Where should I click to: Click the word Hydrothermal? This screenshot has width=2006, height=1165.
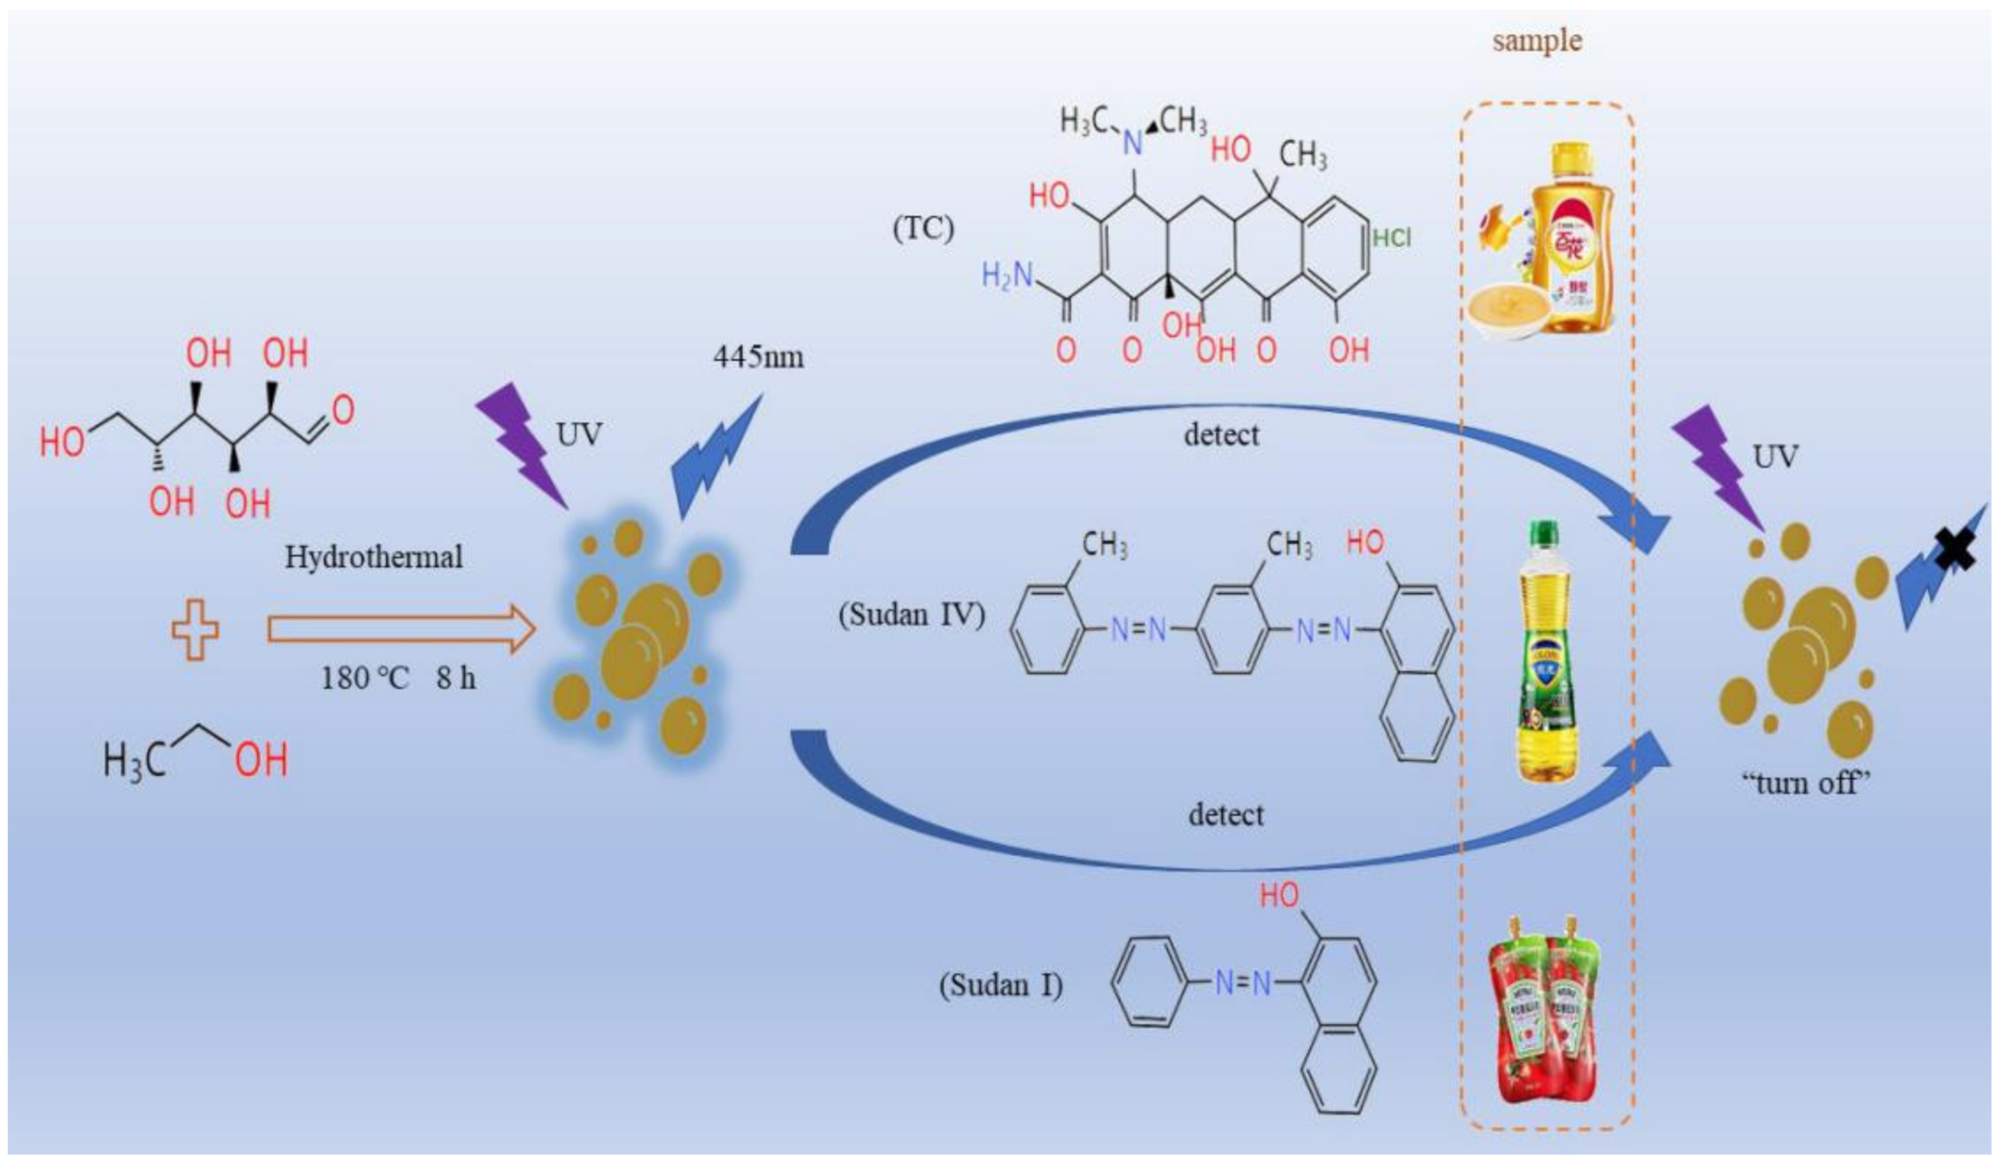coord(374,557)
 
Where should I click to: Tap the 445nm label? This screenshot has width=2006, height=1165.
coord(758,357)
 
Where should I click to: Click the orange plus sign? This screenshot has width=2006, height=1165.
coord(195,630)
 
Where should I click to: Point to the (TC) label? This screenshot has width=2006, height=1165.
coord(923,228)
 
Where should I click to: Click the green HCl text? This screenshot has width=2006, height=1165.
coord(1392,237)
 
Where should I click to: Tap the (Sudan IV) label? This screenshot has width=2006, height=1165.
coord(912,615)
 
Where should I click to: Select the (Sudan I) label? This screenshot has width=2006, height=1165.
coord(1001,984)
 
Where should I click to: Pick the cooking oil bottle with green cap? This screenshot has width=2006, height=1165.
coord(1546,653)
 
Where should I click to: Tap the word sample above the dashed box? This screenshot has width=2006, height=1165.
coord(1536,40)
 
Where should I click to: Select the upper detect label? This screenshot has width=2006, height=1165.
coord(1221,435)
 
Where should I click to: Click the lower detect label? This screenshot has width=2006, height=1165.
coord(1226,815)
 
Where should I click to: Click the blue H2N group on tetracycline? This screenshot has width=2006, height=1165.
coord(1007,276)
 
